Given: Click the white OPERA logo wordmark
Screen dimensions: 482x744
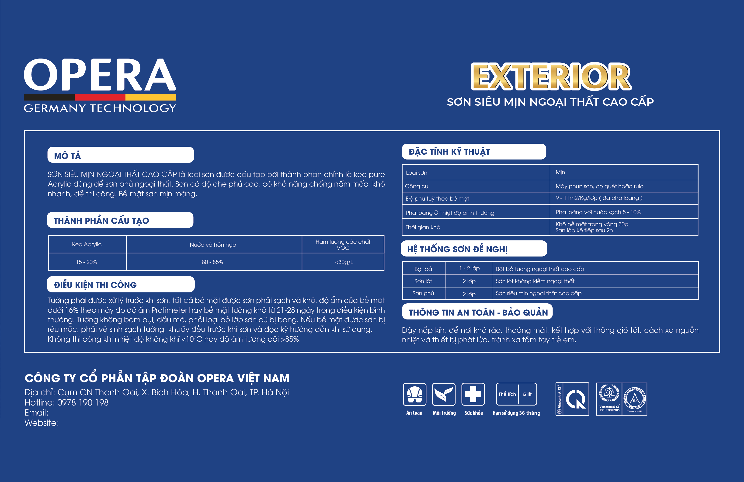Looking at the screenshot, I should coord(100,75).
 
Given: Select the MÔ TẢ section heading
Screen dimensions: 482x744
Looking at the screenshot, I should coord(68,156).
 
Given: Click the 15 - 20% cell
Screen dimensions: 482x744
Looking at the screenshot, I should coord(87,262).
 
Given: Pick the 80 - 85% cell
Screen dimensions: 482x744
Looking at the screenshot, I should coord(212,262).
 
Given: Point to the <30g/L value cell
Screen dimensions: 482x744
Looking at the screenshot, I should coord(344,262).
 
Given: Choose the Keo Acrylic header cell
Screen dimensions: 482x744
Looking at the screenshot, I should coord(87,244).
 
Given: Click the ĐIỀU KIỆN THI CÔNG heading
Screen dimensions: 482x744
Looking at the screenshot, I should coord(95,285).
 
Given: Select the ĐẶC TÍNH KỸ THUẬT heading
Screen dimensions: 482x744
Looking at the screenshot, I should coord(449,152).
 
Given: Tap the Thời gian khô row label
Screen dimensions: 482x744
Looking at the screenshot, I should coord(423,227).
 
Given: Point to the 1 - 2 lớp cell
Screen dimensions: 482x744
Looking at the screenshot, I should coord(469,268).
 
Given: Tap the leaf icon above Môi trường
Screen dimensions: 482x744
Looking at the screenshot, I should coord(444,395).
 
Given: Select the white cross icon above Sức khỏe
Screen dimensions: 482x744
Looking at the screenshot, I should coord(473,395).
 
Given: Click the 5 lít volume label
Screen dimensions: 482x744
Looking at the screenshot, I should coord(527,394).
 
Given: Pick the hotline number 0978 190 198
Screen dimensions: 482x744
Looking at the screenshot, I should coord(83,403).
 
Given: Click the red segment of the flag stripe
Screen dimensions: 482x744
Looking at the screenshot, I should coord(100,97).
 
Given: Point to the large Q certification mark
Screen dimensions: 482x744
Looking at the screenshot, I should coord(576,399).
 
